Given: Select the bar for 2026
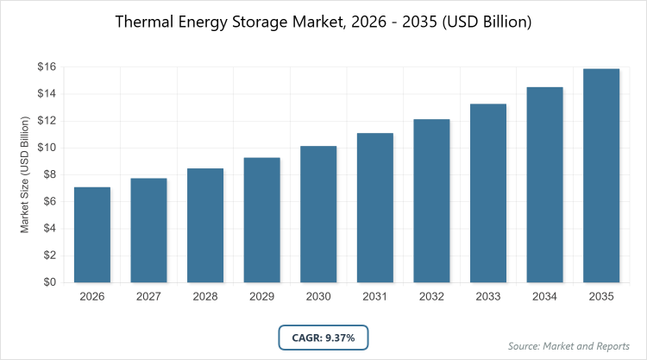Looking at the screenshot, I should click(91, 235).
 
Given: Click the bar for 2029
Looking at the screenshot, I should click(262, 220).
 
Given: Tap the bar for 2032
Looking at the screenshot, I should click(432, 201).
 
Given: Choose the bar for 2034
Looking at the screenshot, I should click(545, 185).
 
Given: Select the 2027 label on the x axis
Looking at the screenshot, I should click(148, 297).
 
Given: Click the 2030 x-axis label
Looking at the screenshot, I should click(318, 297).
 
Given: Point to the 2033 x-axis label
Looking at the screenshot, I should click(489, 297).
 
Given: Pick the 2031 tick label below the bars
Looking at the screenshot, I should click(375, 297).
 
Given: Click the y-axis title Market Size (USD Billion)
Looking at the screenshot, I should click(26, 174).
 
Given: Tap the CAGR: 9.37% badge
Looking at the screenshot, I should click(323, 337).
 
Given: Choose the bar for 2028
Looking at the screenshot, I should click(205, 225).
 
